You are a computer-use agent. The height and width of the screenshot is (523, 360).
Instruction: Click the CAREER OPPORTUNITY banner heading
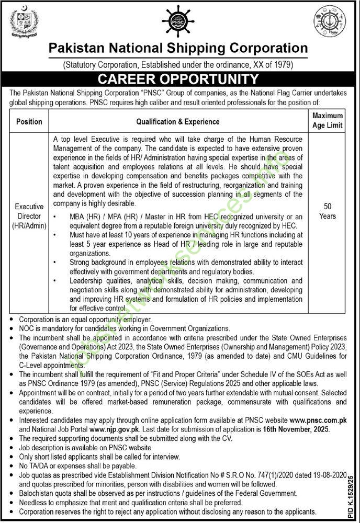(x=179, y=79)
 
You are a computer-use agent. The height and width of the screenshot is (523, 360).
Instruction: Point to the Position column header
(x=29, y=122)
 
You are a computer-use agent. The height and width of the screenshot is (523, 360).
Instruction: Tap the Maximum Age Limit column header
(x=327, y=120)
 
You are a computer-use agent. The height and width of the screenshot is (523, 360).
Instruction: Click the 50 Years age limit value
(x=327, y=211)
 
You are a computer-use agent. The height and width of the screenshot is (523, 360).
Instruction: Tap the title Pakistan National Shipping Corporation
(x=178, y=49)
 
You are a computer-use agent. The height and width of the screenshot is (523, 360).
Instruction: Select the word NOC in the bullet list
(x=27, y=328)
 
